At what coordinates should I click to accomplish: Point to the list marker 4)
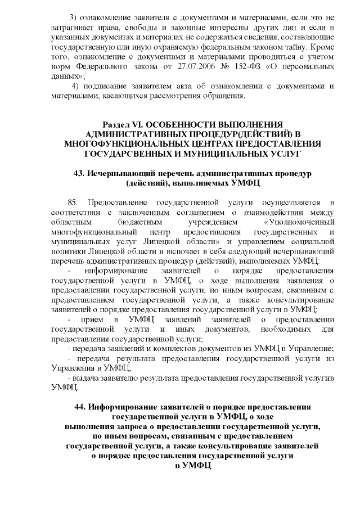tap(75, 86)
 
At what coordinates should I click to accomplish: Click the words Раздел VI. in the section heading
tap(121, 123)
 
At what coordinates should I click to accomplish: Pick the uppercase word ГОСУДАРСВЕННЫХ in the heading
tap(127, 152)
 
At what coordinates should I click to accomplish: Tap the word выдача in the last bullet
tap(85, 378)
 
